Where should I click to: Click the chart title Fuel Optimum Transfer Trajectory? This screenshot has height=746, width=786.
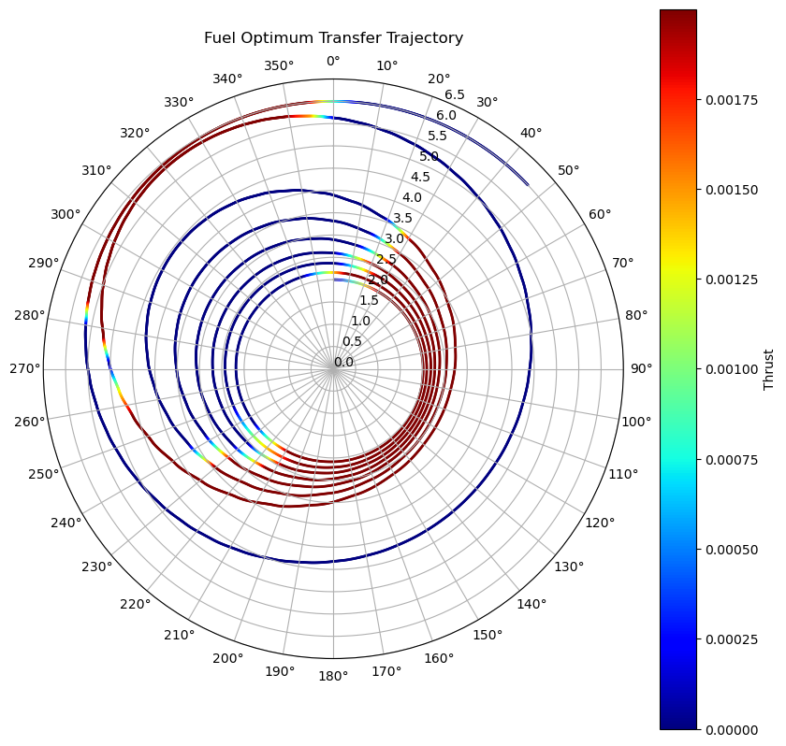333,38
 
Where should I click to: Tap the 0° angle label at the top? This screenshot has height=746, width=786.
333,62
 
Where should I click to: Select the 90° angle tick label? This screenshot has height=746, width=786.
640,368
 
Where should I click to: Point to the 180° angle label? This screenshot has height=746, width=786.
333,675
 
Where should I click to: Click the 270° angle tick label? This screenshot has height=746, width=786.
25,368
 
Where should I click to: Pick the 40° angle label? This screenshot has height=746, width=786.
531,134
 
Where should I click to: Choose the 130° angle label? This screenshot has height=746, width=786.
569,566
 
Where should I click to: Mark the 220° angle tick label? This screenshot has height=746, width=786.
136,604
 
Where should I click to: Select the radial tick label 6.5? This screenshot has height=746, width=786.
455,94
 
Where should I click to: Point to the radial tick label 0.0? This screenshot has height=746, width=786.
344,363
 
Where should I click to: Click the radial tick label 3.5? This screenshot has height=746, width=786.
403,219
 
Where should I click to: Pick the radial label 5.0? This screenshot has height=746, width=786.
429,156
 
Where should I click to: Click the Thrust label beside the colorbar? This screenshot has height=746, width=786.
769,369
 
